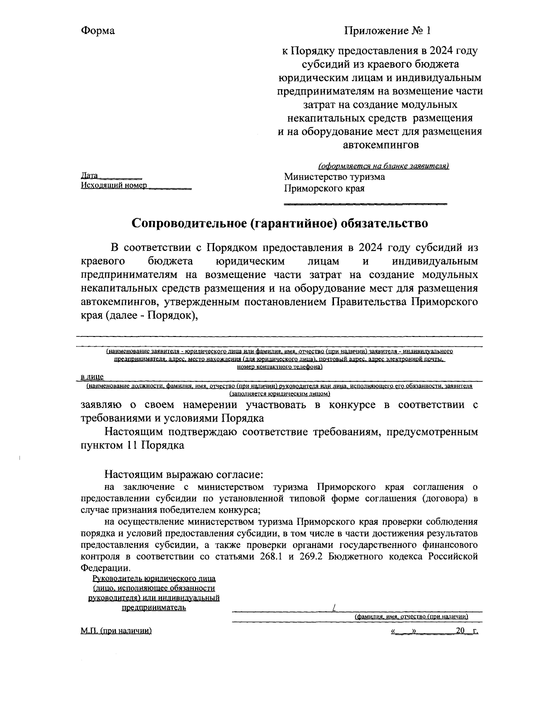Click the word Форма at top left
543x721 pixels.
click(98, 31)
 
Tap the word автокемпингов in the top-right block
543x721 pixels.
click(380, 145)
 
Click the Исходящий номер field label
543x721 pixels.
click(114, 186)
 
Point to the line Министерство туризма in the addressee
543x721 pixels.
click(334, 177)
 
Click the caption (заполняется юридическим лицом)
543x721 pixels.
click(279, 394)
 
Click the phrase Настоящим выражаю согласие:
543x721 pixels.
click(184, 475)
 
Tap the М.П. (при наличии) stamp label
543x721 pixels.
click(115, 631)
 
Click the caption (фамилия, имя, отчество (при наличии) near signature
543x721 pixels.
click(411, 617)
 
